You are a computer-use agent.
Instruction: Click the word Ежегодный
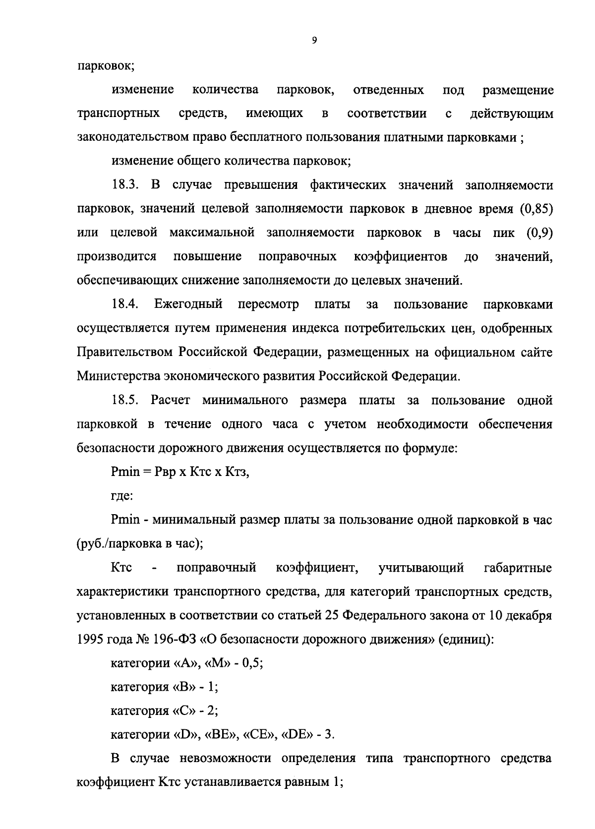pyautogui.click(x=188, y=304)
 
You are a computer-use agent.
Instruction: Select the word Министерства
pyautogui.click(x=118, y=376)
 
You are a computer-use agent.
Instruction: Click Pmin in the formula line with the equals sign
pyautogui.click(x=125, y=472)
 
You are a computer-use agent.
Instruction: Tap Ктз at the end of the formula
pyautogui.click(x=237, y=472)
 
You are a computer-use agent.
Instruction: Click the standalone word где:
pyautogui.click(x=121, y=496)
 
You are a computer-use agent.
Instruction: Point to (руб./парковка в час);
pyautogui.click(x=140, y=543)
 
